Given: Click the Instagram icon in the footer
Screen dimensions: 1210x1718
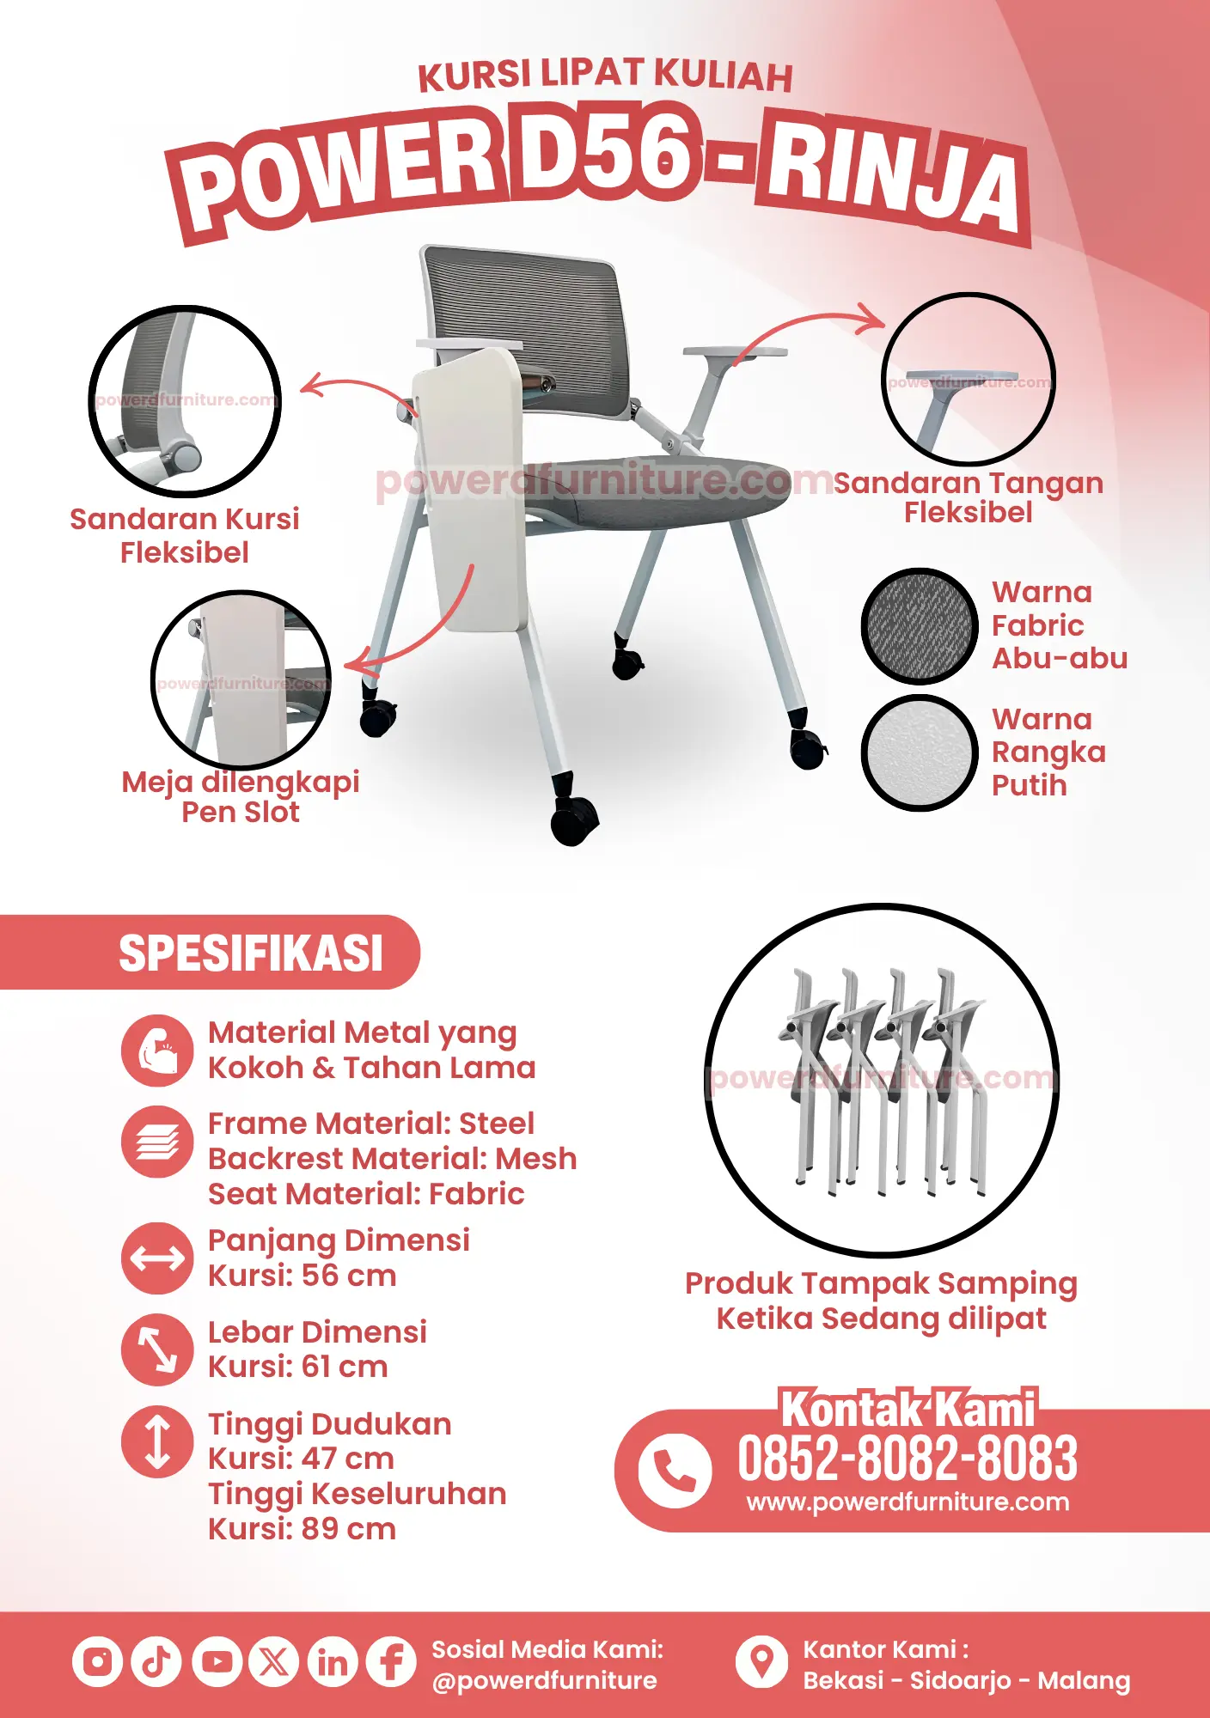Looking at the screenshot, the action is (x=97, y=1661).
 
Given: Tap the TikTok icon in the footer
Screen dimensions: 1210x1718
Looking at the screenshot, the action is (x=156, y=1661).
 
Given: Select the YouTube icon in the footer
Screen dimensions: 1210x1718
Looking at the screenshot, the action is (x=216, y=1661).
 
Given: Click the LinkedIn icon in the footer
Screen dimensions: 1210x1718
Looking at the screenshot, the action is (x=333, y=1661).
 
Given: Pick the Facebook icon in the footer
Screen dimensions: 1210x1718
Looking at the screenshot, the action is (x=391, y=1661).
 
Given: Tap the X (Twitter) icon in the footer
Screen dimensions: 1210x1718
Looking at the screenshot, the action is (x=274, y=1661).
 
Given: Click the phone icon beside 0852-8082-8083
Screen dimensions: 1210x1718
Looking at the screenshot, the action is (x=675, y=1471).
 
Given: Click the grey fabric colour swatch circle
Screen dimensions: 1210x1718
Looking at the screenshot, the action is (x=920, y=625).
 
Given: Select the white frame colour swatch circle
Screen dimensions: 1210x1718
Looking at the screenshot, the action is (x=920, y=752).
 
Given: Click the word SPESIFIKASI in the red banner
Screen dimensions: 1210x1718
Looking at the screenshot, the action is (x=251, y=953).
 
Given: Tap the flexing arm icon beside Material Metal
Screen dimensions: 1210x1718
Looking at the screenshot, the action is (x=157, y=1051).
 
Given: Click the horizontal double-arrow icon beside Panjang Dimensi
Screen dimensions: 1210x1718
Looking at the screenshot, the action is (x=157, y=1258).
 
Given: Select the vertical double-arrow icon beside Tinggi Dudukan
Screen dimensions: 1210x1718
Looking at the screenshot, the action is (x=157, y=1441).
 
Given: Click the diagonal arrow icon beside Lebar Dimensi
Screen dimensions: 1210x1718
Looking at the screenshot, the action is (x=157, y=1349).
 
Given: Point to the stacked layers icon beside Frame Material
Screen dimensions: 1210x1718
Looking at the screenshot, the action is (x=157, y=1142).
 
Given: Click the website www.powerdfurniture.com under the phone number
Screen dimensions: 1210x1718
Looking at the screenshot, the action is (x=907, y=1502).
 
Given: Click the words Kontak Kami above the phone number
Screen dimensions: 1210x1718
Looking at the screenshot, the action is (x=908, y=1410).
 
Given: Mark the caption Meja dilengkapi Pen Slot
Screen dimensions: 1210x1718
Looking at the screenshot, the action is (x=241, y=797).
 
